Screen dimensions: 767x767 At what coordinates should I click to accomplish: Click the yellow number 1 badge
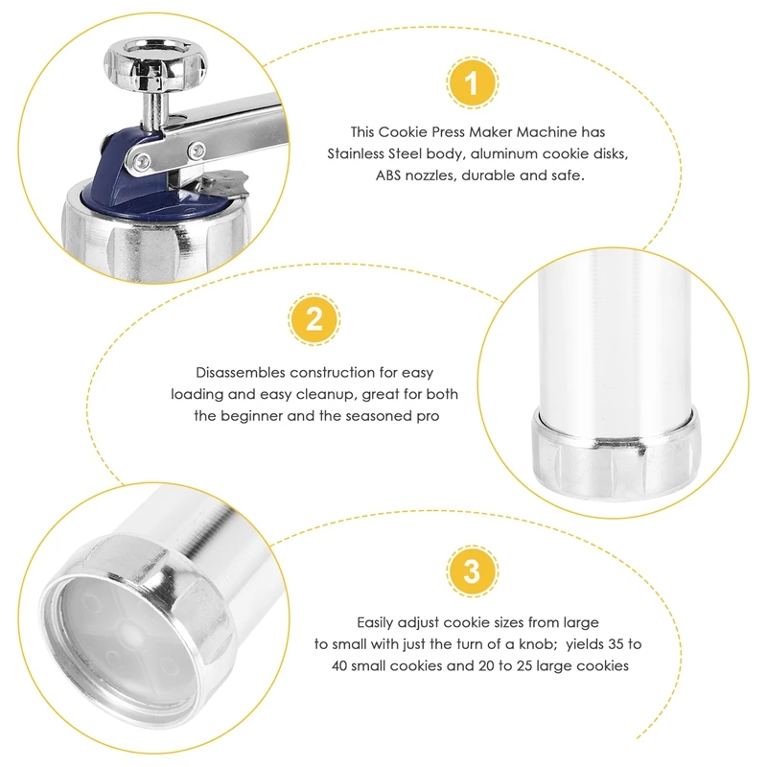[472, 82]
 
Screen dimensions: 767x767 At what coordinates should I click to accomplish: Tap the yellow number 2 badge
[314, 319]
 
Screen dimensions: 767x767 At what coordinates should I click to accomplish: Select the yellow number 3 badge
[472, 570]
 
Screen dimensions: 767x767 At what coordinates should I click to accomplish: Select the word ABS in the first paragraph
[388, 175]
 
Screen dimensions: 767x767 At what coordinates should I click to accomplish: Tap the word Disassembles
[241, 373]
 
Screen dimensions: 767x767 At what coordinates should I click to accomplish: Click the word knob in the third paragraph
[538, 644]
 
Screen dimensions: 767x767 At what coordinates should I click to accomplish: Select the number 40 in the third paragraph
[339, 665]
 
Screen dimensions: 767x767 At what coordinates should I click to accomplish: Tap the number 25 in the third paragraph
[523, 665]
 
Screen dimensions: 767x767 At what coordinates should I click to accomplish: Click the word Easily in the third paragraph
[375, 622]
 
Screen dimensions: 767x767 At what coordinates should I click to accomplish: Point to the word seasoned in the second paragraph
[374, 416]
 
